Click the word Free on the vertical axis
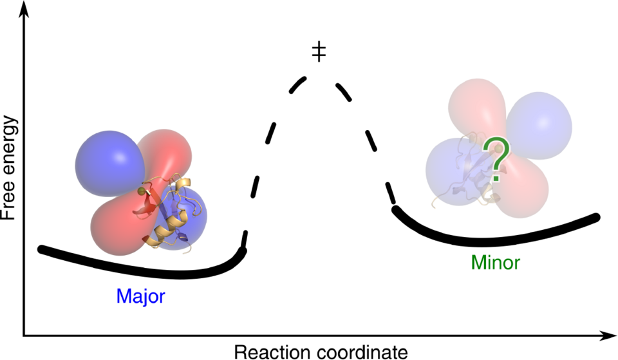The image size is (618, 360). click(x=9, y=201)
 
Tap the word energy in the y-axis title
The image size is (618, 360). click(x=9, y=148)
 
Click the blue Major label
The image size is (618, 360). click(x=141, y=296)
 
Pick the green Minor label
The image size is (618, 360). click(x=494, y=263)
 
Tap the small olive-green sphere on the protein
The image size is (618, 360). click(x=141, y=191)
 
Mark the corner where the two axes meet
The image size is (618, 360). click(x=24, y=336)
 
